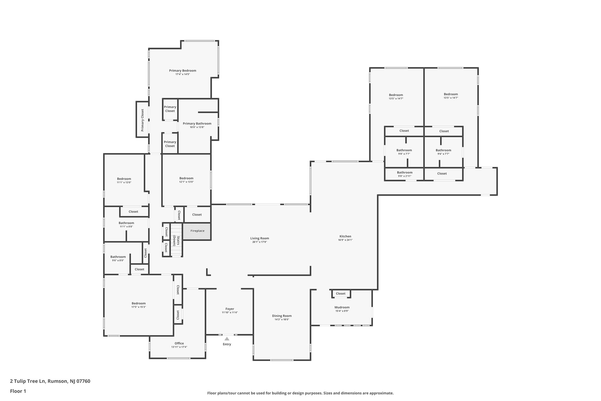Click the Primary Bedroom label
pyautogui.click(x=183, y=71)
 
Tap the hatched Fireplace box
pyautogui.click(x=197, y=231)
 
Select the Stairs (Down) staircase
pyautogui.click(x=176, y=240)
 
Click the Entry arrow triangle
pyautogui.click(x=227, y=339)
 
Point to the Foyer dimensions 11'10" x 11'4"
pyautogui.click(x=230, y=313)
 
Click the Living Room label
pyautogui.click(x=259, y=238)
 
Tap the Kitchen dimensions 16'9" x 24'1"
pyautogui.click(x=345, y=240)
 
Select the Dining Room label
pyautogui.click(x=282, y=316)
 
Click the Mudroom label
pyautogui.click(x=342, y=307)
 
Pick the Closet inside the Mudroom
pyautogui.click(x=341, y=293)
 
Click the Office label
pyautogui.click(x=179, y=343)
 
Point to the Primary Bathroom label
pyautogui.click(x=197, y=124)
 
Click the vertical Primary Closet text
pyautogui.click(x=142, y=120)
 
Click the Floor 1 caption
pyautogui.click(x=18, y=391)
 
